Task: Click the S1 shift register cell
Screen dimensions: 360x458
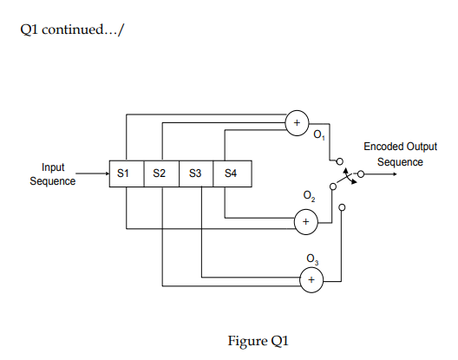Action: click(x=125, y=173)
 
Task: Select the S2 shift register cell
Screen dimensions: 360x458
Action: click(x=160, y=173)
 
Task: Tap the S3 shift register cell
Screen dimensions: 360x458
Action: click(x=195, y=173)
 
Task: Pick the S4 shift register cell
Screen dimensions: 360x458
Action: click(x=231, y=173)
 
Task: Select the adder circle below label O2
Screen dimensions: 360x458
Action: click(x=304, y=223)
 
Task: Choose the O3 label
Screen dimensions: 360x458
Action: click(x=313, y=259)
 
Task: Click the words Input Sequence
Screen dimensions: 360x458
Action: click(x=53, y=173)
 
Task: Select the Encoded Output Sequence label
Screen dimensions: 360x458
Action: click(x=400, y=154)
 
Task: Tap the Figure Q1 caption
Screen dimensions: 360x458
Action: click(x=258, y=340)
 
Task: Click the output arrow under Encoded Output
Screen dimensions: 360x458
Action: click(x=382, y=173)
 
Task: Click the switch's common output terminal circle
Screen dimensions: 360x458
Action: click(x=359, y=173)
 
